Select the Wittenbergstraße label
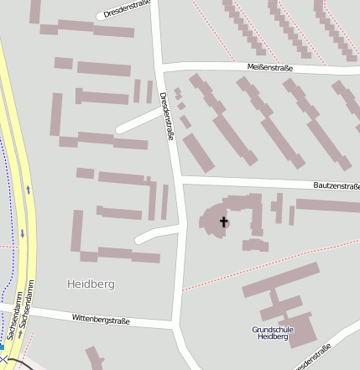pos(101,319)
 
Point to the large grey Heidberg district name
pos(90,284)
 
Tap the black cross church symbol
pos(223,221)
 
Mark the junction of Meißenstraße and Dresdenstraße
pos(161,65)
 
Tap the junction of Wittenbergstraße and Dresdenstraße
pos(175,324)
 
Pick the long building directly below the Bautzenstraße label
pos(327,206)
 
